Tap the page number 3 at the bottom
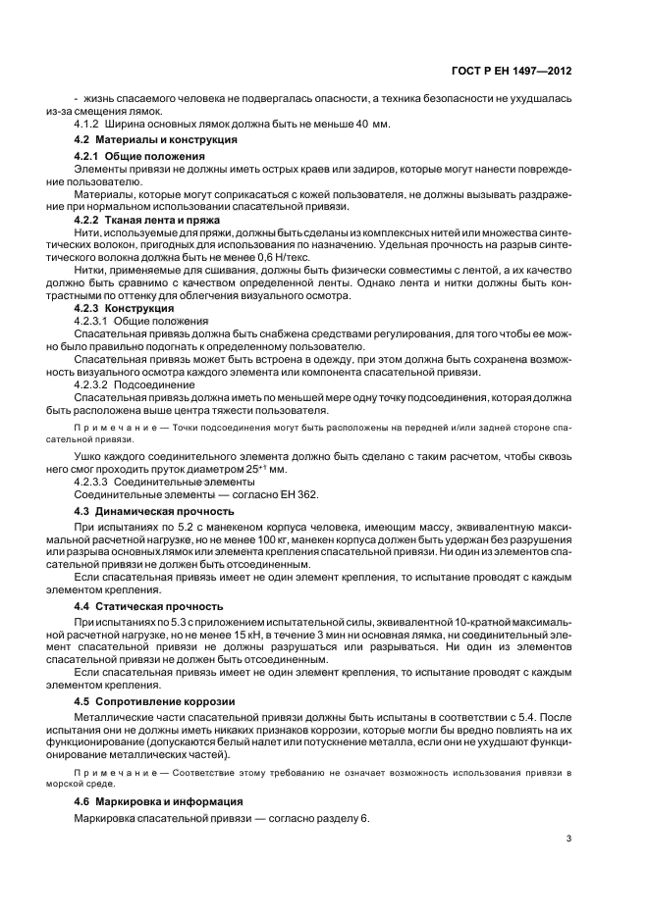point(569,838)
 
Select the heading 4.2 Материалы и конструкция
point(155,140)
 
